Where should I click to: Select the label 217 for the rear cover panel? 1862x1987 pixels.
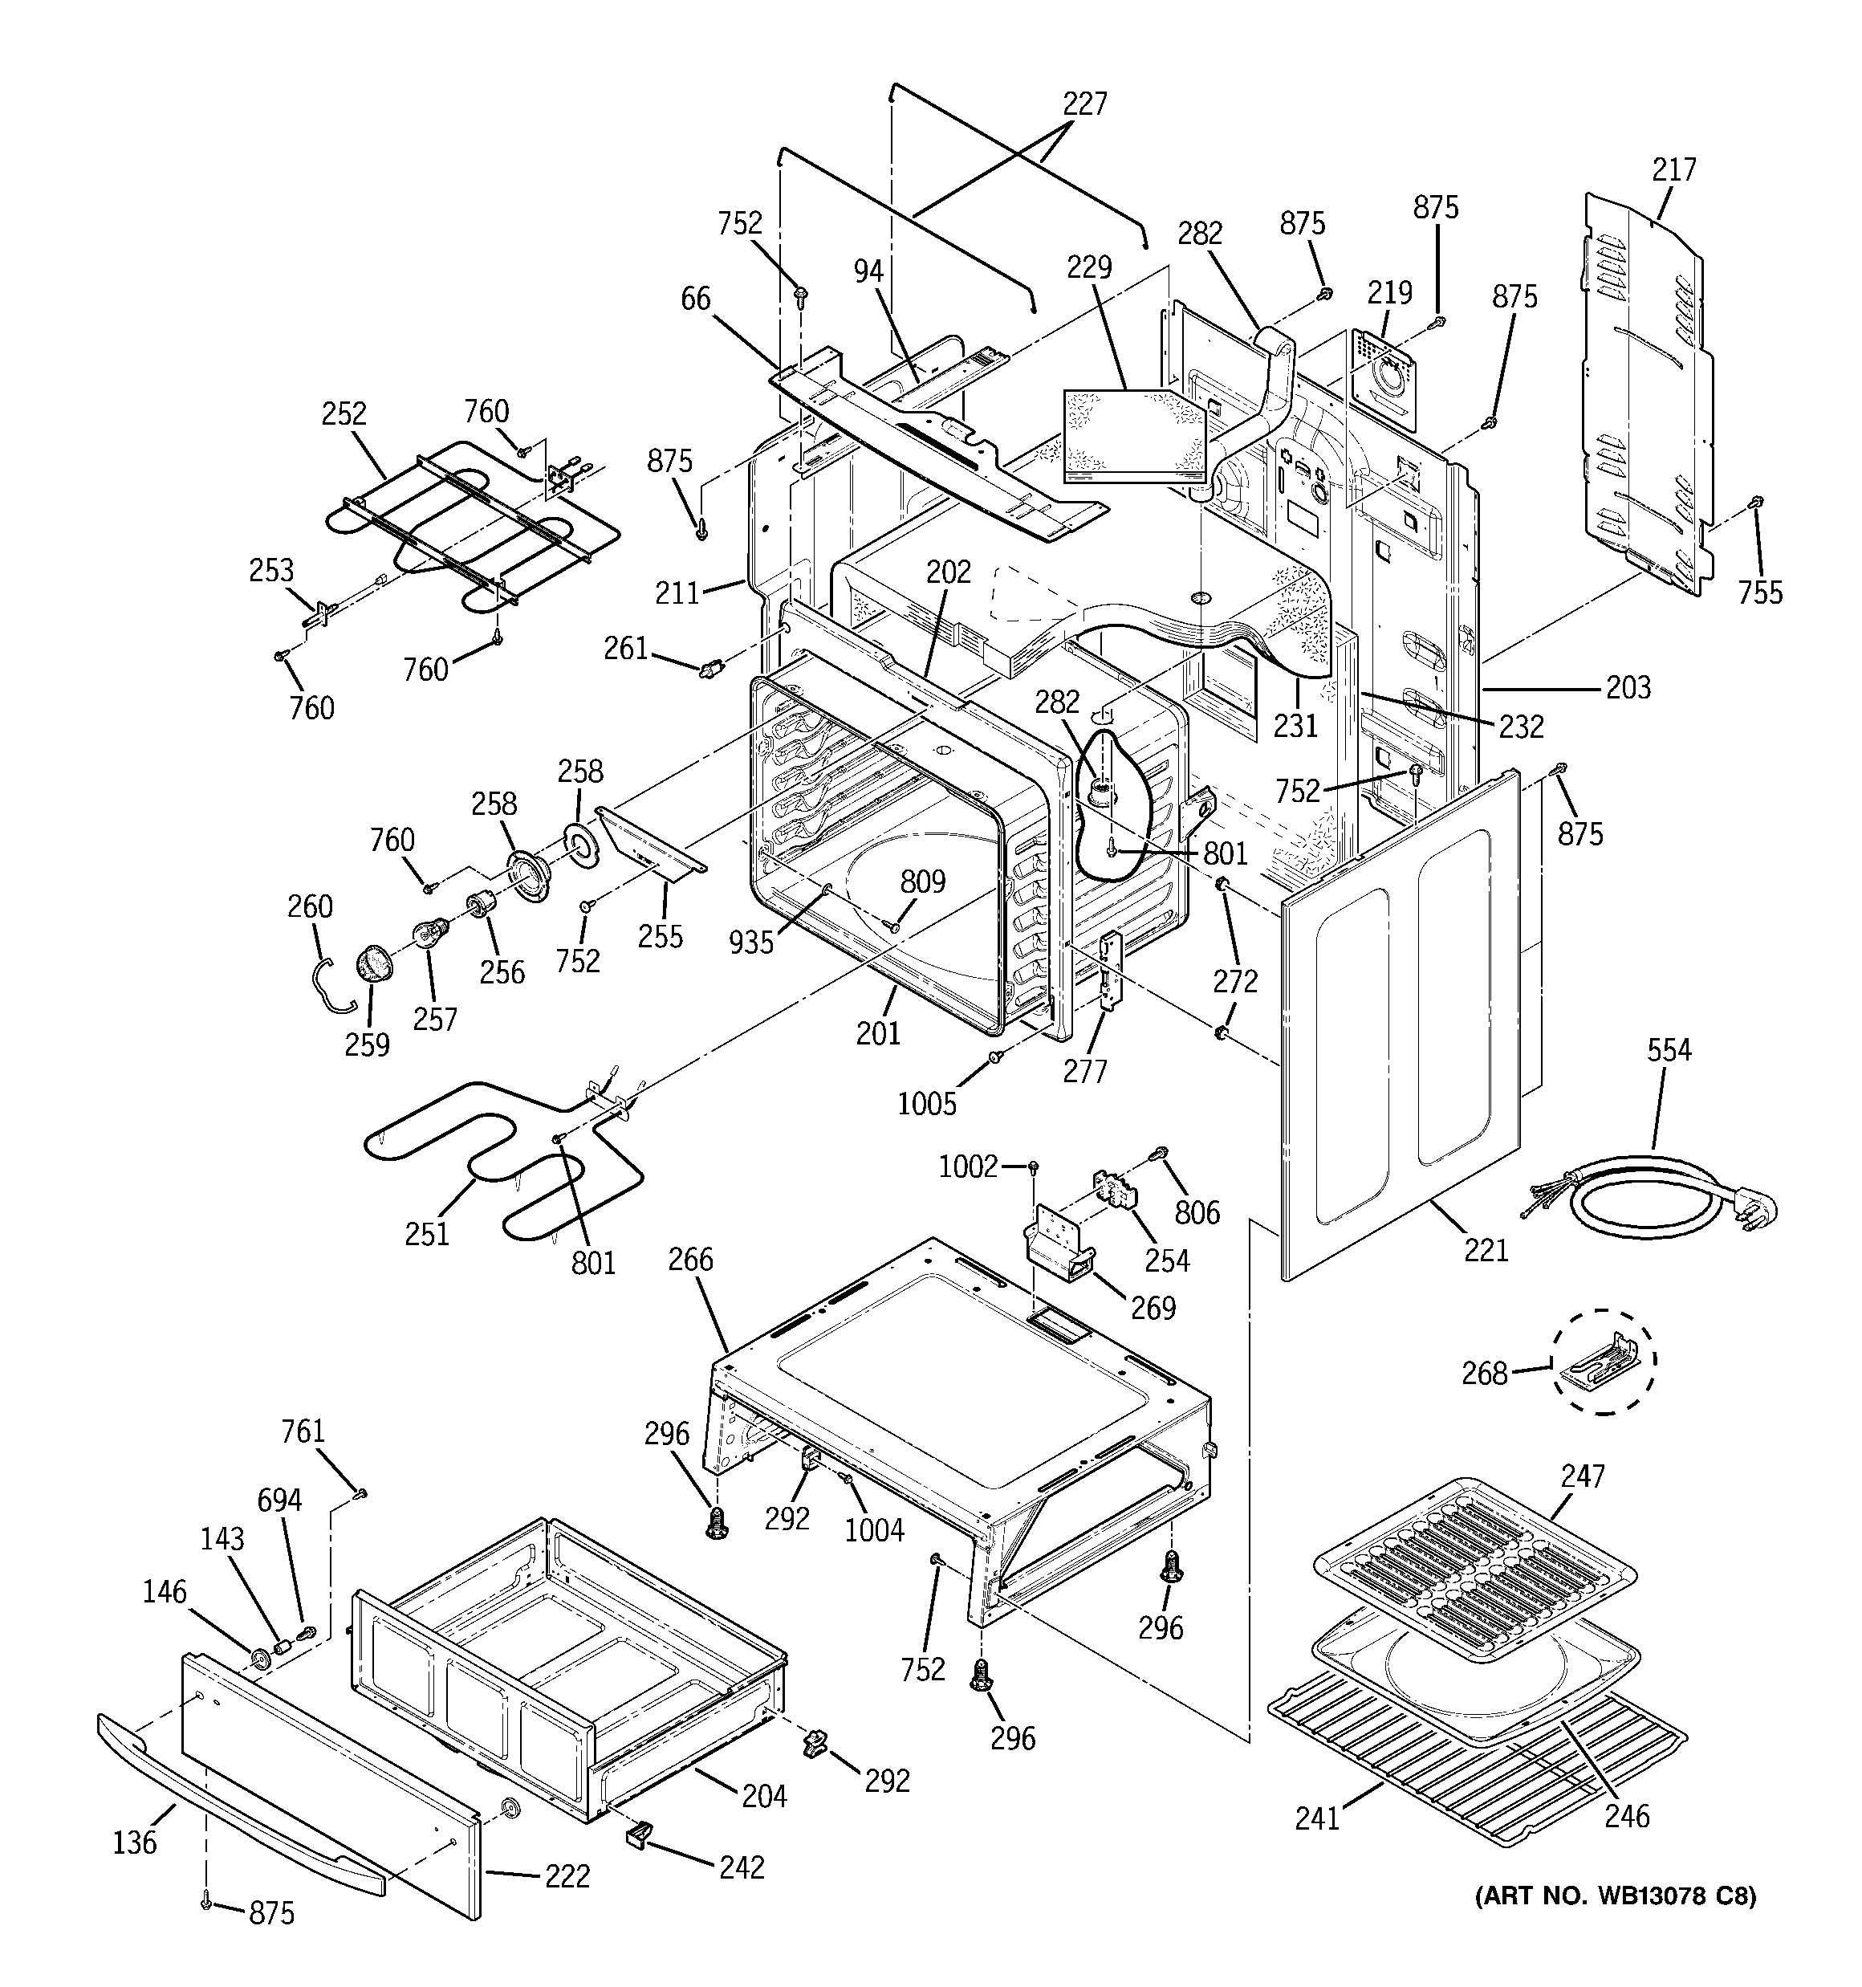point(1673,170)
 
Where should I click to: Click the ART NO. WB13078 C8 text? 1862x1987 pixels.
point(1614,1895)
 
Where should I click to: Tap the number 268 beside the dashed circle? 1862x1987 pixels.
point(1484,1374)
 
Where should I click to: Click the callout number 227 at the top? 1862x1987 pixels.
point(1084,104)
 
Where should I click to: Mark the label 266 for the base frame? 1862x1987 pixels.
point(691,1260)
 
